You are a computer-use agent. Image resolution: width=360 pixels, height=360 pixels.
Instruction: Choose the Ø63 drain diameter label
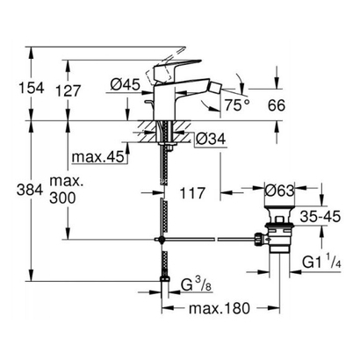click(x=278, y=189)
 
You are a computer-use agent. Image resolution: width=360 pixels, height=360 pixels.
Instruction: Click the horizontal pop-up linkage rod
click(x=211, y=239)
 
